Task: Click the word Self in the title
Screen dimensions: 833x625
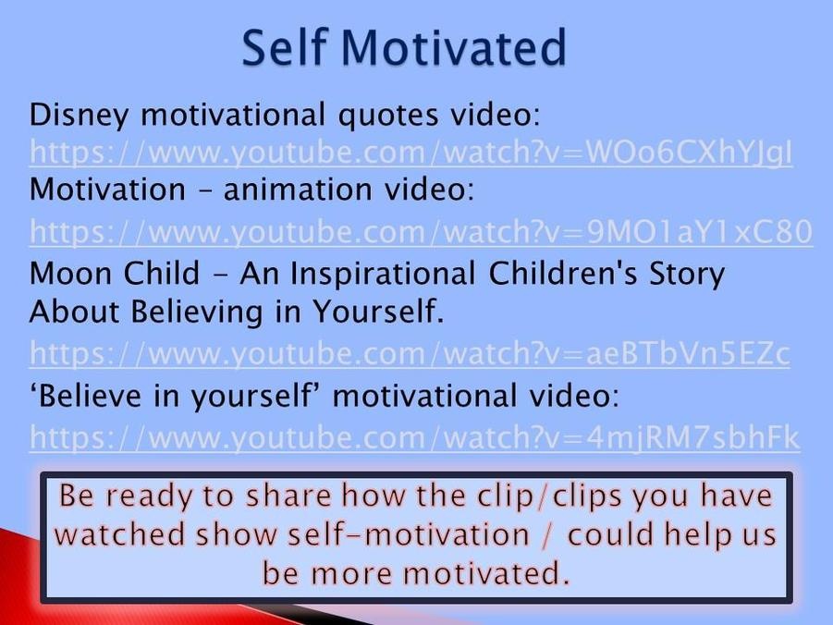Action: click(x=283, y=47)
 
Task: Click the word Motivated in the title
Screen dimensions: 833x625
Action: click(x=454, y=47)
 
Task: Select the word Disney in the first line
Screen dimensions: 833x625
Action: click(x=79, y=116)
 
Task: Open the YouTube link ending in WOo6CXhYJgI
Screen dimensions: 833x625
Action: click(x=411, y=153)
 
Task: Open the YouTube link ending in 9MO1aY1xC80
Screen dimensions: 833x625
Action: click(x=421, y=232)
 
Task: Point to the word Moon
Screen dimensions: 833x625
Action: click(x=70, y=274)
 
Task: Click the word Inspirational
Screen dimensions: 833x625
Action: click(x=383, y=274)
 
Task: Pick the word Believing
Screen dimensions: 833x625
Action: click(x=197, y=312)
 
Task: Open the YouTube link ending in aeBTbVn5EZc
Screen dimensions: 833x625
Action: click(x=410, y=353)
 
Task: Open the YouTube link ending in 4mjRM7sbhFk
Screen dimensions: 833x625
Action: click(x=414, y=438)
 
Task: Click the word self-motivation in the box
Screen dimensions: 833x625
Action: click(x=408, y=534)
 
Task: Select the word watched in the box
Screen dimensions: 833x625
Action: click(x=119, y=534)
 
